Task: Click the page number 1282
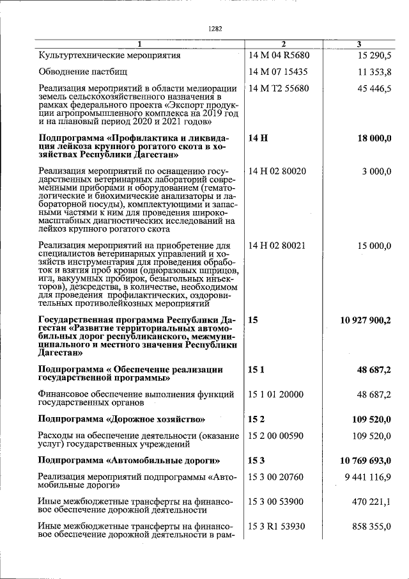215,29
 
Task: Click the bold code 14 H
257,138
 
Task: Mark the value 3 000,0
376,171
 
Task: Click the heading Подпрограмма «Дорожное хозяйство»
121,419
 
